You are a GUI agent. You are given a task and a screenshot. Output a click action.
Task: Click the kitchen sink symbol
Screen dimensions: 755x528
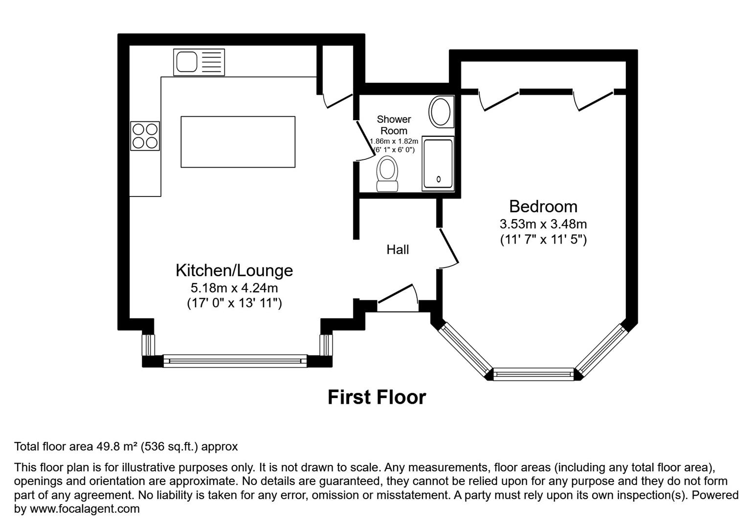pyautogui.click(x=199, y=62)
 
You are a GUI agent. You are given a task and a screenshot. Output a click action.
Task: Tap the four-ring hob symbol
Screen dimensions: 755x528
pyautogui.click(x=145, y=136)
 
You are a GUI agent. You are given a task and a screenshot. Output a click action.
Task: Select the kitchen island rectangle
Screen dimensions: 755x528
pyautogui.click(x=238, y=142)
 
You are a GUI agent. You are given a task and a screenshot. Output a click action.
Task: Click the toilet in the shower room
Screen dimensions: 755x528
pyautogui.click(x=387, y=174)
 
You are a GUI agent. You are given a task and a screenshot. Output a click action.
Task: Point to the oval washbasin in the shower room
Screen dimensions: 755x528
pyautogui.click(x=440, y=112)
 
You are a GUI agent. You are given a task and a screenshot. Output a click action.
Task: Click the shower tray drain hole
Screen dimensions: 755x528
pyautogui.click(x=439, y=179)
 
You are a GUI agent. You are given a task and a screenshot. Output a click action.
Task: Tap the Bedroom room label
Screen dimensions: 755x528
pyautogui.click(x=543, y=206)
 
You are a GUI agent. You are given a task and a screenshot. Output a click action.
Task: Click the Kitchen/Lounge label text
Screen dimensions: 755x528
pyautogui.click(x=234, y=270)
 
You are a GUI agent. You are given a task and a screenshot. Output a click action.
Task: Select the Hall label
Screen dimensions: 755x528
pyautogui.click(x=398, y=250)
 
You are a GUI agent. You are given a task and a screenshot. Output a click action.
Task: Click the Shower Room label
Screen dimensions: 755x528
pyautogui.click(x=394, y=125)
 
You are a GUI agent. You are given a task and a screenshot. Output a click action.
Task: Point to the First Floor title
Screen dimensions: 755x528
pyautogui.click(x=377, y=397)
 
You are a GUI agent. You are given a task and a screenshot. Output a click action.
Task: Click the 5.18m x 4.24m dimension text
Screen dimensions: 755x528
pyautogui.click(x=234, y=288)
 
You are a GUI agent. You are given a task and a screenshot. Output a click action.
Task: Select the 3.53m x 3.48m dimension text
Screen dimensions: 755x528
pyautogui.click(x=543, y=224)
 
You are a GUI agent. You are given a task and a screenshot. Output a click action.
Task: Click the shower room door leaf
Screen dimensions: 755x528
pyautogui.click(x=366, y=138)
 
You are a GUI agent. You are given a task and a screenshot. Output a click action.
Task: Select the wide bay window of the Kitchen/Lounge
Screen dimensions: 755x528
pyautogui.click(x=235, y=361)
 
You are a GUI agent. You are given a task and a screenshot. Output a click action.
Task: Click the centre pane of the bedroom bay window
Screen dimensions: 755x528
pyautogui.click(x=533, y=374)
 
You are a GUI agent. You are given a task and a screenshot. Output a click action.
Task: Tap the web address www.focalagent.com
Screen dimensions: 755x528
pyautogui.click(x=85, y=509)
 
